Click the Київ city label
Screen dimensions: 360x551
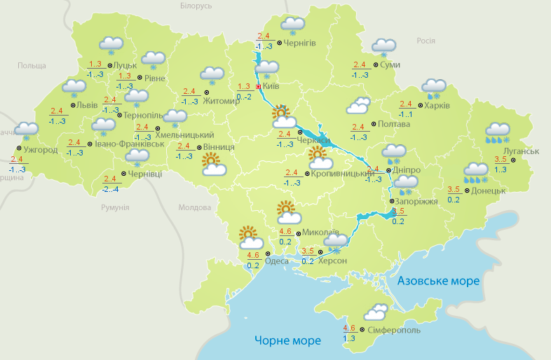point(271,87)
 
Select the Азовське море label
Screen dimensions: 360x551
point(438,281)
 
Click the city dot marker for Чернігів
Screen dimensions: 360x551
point(279,43)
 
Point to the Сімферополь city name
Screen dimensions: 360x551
point(393,329)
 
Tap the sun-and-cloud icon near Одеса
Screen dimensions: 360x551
point(248,236)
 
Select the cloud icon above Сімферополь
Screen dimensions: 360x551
point(375,312)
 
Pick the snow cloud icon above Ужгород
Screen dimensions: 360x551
point(27,130)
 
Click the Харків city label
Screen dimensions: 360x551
point(437,106)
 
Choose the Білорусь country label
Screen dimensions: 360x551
point(195,6)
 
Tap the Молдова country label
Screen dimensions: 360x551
point(194,207)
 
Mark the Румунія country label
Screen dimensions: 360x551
point(115,207)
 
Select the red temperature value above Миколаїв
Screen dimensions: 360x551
point(285,232)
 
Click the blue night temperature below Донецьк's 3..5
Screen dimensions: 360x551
point(453,200)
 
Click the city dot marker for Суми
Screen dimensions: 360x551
point(376,65)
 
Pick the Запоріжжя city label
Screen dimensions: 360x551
point(417,201)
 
